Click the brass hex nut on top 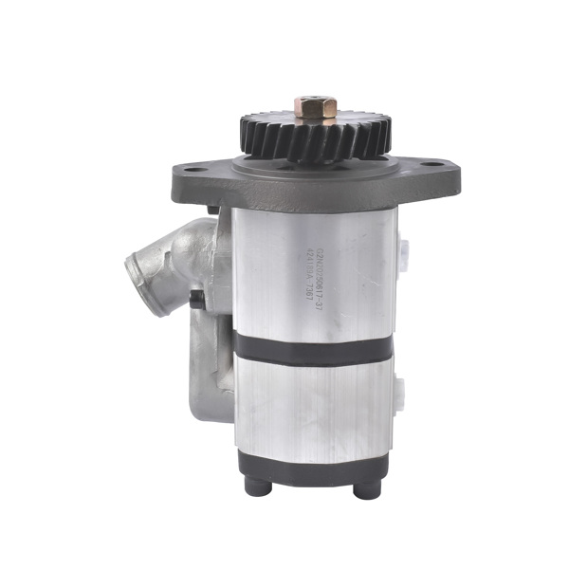point(316,107)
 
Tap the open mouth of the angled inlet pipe point(142,280)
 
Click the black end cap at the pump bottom point(313,464)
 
